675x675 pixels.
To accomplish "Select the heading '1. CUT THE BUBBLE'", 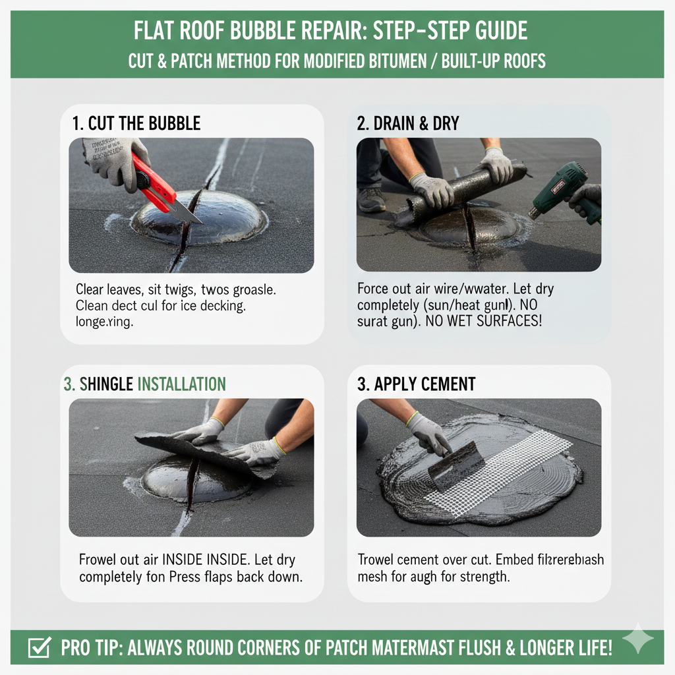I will (136, 123).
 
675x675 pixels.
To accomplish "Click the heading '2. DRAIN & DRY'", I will (407, 123).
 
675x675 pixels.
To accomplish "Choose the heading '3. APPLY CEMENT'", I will (416, 384).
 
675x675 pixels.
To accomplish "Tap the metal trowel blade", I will (457, 466).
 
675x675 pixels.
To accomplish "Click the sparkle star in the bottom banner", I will (638, 639).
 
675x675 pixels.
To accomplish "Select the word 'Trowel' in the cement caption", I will (379, 560).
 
